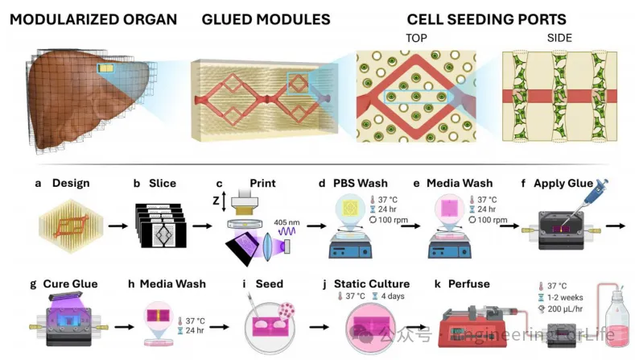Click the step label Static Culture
coord(377,283)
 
